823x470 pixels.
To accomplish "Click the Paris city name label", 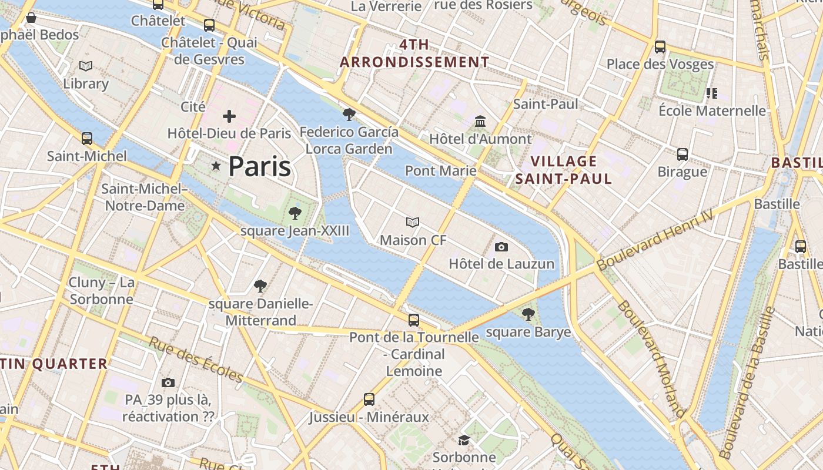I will (x=259, y=166).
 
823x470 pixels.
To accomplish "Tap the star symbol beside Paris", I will (x=216, y=166).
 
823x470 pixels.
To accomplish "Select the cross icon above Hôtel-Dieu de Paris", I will (x=229, y=116).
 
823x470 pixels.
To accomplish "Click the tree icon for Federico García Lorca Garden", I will (x=349, y=115).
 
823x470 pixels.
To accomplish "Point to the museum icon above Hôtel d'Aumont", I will (x=480, y=122).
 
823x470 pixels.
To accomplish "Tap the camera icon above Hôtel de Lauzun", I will (x=501, y=247).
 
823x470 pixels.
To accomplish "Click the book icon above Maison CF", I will (x=413, y=222).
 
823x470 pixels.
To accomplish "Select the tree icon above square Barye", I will (x=528, y=314).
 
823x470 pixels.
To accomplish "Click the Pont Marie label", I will (x=440, y=170).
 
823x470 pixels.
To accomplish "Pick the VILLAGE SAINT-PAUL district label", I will (x=564, y=170).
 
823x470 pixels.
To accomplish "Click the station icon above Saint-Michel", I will (x=87, y=139).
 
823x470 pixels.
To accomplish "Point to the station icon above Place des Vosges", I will (x=660, y=47).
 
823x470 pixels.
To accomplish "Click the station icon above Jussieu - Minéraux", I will (x=369, y=399).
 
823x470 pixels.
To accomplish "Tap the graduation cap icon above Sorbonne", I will (x=464, y=440).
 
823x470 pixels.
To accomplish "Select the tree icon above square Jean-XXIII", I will (x=295, y=213).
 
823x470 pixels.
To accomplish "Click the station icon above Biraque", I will (x=682, y=155).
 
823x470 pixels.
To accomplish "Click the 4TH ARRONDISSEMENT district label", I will (x=414, y=53).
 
